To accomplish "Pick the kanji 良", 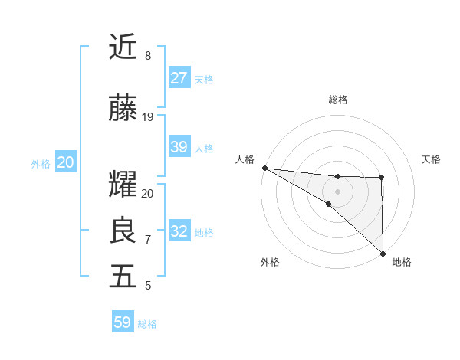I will (x=123, y=230).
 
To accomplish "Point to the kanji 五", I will (x=123, y=277).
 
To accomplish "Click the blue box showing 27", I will (x=179, y=78).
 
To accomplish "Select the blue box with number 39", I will (x=179, y=147).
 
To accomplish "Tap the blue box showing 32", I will (x=179, y=231).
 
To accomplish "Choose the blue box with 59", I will (x=123, y=322).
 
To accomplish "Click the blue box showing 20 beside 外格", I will (x=66, y=162).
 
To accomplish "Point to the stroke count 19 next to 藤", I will (x=148, y=117).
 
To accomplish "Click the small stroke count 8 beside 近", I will (x=147, y=56).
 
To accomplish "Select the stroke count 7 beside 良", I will (x=147, y=240).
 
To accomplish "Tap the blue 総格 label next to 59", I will (x=147, y=324).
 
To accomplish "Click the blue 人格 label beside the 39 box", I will (x=204, y=149).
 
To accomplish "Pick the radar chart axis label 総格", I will (x=338, y=100).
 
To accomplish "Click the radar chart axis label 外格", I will (x=270, y=262).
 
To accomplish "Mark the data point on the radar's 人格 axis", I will (x=264, y=167).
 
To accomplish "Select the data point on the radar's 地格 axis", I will (x=382, y=253).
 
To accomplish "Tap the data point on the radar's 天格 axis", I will (x=382, y=178).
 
